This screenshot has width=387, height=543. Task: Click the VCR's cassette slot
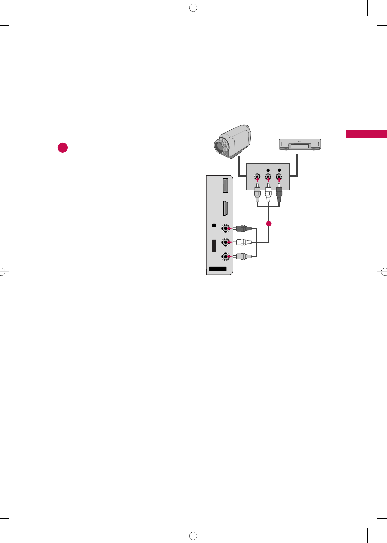pos(299,146)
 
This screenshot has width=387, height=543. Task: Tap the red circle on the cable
pos(269,224)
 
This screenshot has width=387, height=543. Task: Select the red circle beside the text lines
pos(63,148)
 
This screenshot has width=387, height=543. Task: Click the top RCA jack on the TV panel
pos(226,228)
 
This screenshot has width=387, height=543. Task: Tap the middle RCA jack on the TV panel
pos(226,242)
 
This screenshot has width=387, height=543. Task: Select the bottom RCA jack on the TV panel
pos(226,256)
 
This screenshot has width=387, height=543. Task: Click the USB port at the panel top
pos(225,185)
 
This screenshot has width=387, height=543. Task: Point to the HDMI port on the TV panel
pos(225,208)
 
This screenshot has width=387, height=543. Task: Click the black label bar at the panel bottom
pos(218,269)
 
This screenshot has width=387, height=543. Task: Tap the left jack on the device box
pos(257,177)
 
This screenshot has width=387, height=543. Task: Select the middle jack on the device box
pos(268,177)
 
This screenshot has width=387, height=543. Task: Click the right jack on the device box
pos(279,177)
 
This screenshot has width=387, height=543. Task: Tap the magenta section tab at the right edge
pos(366,134)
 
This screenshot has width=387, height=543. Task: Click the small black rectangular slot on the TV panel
pos(214,245)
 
